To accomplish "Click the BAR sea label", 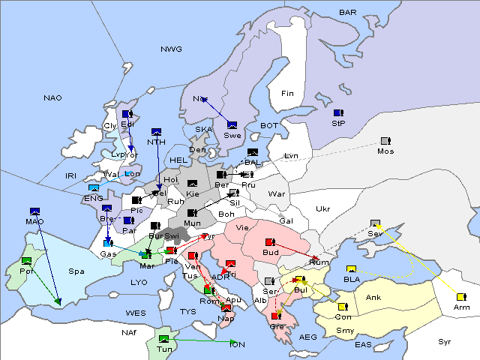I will coord(348,13).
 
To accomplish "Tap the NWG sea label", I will coord(171,49).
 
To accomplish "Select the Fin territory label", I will coord(287,94).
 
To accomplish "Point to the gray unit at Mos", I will coord(385,141).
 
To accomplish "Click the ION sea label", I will coord(237,345).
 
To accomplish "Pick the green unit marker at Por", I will coord(27,260).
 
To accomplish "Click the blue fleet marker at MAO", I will coord(34,211).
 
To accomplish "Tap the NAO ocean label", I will coord(52,98).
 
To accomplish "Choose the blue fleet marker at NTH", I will coord(157,132).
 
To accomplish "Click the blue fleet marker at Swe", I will coord(232,124).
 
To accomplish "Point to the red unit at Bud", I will coord(271,242).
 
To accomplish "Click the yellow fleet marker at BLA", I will coord(351,269).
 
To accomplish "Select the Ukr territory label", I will coord(323,208).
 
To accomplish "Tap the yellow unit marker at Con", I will coord(343,307).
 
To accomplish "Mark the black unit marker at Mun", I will coord(192,213).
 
